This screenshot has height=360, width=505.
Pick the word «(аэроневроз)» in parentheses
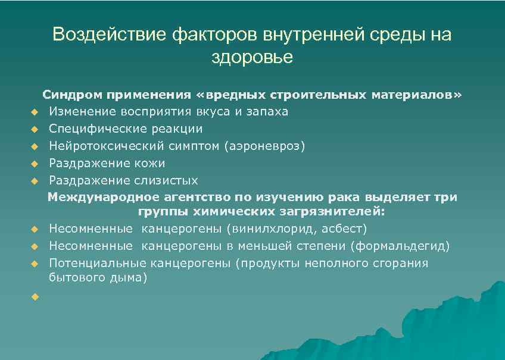265,146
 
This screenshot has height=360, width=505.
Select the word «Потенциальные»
98,263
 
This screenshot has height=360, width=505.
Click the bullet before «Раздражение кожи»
35,164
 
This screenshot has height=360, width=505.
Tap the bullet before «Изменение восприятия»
35,112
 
